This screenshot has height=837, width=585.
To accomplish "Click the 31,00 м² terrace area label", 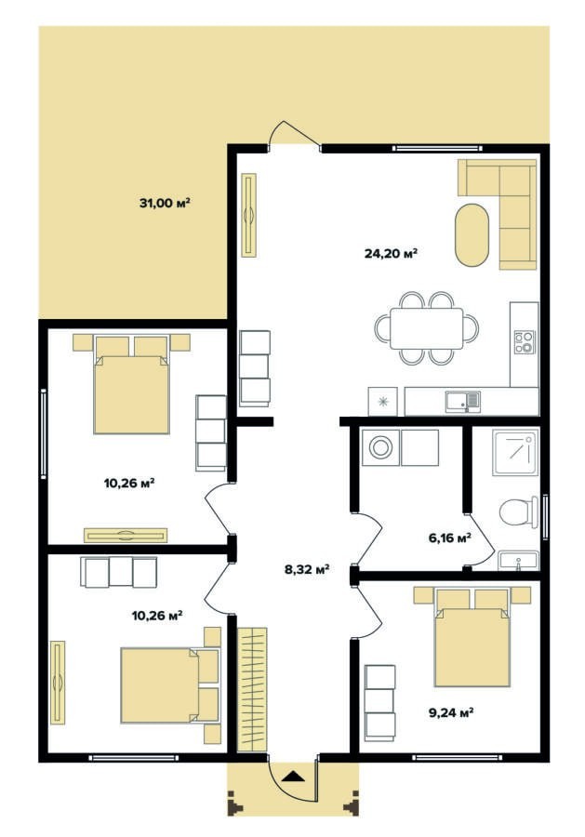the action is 165,203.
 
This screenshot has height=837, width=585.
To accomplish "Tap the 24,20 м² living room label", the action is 391,253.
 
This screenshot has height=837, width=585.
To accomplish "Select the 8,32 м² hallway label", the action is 306,569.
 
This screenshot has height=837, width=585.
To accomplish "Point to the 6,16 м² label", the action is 449,538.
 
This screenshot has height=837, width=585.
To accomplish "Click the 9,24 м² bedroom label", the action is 452,712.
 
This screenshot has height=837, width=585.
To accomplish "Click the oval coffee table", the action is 472,233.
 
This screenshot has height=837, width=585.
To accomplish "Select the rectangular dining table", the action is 427,328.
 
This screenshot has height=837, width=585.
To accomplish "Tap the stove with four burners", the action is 524,342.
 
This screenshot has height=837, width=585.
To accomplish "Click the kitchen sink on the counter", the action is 463,402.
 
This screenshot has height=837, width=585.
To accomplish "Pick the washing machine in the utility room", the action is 380,447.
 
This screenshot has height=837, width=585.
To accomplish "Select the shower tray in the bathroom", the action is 515,453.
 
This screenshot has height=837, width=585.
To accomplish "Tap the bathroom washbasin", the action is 518,562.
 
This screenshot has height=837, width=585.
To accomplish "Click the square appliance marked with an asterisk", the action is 383,402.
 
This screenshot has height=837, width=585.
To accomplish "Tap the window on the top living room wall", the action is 437,149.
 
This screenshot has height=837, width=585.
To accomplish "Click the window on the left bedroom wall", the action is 43,434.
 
